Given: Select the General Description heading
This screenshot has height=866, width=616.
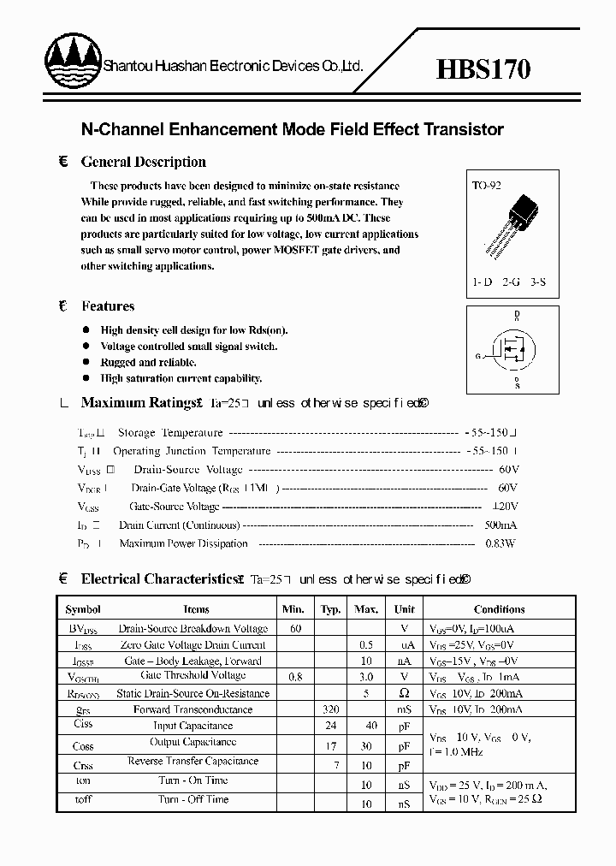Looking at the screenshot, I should click(143, 162).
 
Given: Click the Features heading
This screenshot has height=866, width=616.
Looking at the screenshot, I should click(108, 305).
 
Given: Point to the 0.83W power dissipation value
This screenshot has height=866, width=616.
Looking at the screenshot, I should click(500, 543).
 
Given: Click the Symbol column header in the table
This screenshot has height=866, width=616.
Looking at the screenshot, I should click(83, 609).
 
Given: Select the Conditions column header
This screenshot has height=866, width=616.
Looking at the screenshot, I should click(499, 609).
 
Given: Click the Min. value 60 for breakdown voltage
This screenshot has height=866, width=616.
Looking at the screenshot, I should click(295, 628).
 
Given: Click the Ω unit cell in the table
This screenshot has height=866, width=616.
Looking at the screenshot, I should click(405, 693).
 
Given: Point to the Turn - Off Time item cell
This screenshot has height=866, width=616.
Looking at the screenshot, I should click(192, 799).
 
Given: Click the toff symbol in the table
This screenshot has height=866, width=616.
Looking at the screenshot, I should click(83, 799).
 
